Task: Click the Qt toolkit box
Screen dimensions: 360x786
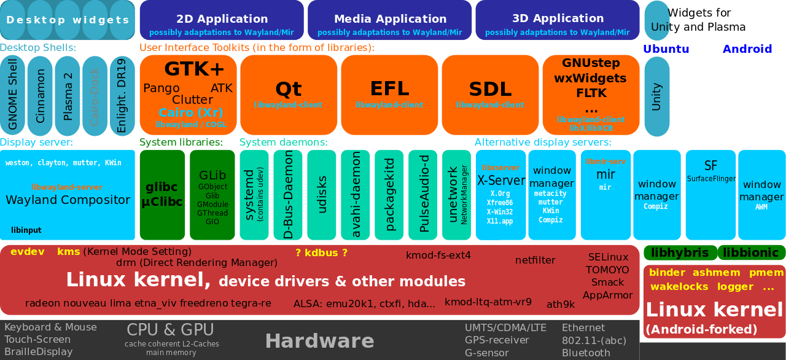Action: click(x=289, y=95)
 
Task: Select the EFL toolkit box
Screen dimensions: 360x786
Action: click(x=389, y=95)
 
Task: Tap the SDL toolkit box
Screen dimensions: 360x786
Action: click(x=490, y=95)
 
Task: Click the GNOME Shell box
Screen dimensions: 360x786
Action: click(x=13, y=95)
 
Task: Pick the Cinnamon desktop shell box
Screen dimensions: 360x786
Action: click(x=41, y=95)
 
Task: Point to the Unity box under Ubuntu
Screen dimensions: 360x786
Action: click(x=656, y=96)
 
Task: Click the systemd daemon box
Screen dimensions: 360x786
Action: click(x=253, y=195)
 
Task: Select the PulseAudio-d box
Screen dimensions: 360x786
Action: click(x=424, y=195)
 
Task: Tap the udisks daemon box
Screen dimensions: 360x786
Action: click(x=322, y=195)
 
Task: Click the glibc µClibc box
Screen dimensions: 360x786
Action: click(x=162, y=195)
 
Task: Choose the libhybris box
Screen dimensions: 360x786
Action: click(x=680, y=252)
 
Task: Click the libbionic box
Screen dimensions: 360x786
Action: click(x=751, y=252)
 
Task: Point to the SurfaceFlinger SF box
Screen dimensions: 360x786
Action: click(x=710, y=195)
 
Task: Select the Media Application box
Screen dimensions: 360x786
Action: click(x=390, y=20)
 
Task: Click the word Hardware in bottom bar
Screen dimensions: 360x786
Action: click(x=319, y=341)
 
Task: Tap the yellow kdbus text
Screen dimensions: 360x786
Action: click(x=321, y=252)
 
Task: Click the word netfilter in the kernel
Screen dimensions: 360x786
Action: click(x=535, y=260)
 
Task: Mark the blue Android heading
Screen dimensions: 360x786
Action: click(x=747, y=49)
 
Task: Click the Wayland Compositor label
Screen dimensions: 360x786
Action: click(x=68, y=200)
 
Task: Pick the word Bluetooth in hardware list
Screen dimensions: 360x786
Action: click(x=586, y=353)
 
